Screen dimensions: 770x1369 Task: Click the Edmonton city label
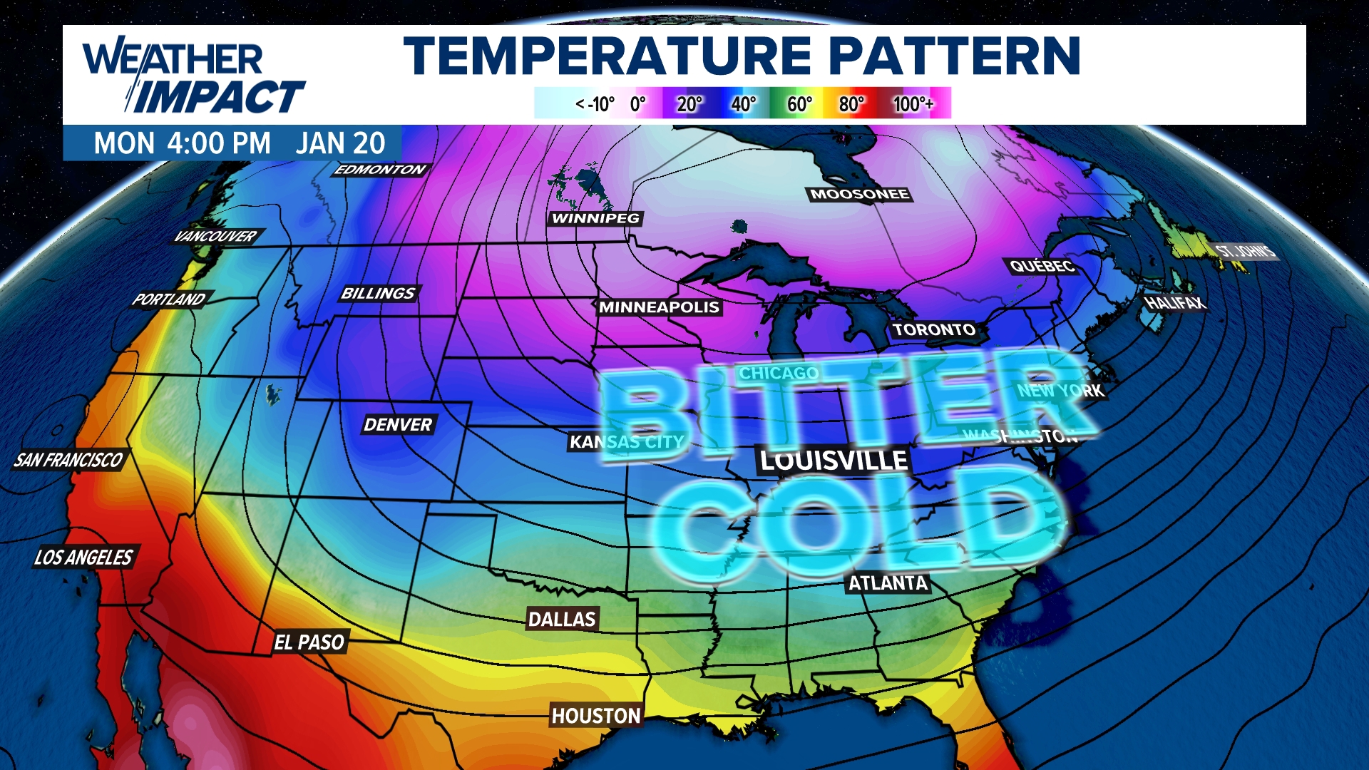click(380, 170)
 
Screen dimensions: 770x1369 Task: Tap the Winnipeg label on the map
click(596, 218)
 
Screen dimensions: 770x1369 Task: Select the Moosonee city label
click(859, 194)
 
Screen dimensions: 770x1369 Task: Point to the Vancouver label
click(215, 236)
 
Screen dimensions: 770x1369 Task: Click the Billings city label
click(378, 293)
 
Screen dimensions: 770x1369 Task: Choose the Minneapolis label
click(659, 307)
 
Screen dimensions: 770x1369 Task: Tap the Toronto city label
click(934, 329)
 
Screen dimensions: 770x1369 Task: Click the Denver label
click(398, 424)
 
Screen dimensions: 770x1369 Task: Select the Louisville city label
click(834, 461)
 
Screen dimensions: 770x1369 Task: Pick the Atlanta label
click(888, 583)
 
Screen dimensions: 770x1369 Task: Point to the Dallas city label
click(562, 619)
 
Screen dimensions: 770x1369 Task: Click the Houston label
click(596, 715)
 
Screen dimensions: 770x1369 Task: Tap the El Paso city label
click(309, 642)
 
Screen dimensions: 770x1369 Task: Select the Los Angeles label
click(83, 557)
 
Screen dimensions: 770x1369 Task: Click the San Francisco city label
click(68, 460)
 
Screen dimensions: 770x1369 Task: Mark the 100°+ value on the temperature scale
click(913, 104)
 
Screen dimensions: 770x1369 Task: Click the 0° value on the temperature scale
click(637, 104)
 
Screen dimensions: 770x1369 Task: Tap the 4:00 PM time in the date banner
click(218, 143)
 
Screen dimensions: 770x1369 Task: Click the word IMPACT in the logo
click(218, 97)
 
